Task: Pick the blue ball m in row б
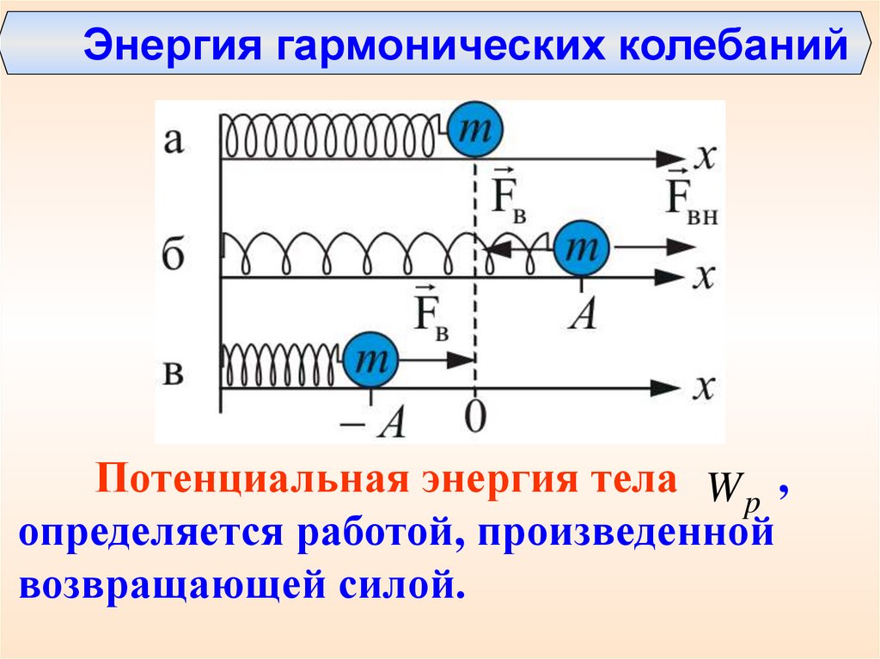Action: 581,248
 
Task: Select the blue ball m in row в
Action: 372,361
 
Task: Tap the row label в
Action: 174,375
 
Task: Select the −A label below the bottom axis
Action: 383,422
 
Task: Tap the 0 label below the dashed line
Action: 474,418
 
